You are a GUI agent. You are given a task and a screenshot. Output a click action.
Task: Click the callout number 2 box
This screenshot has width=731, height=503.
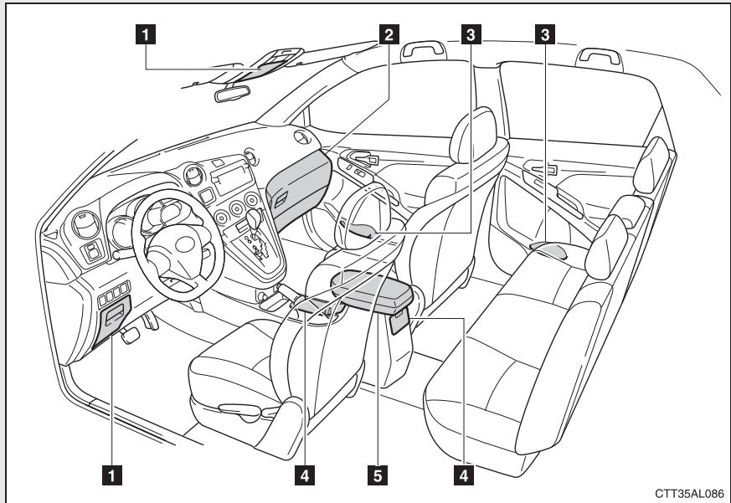pos(386,34)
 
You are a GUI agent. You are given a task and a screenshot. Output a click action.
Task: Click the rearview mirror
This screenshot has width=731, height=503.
pos(232,94)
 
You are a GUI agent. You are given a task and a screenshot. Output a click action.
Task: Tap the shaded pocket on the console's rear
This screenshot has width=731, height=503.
pos(399,318)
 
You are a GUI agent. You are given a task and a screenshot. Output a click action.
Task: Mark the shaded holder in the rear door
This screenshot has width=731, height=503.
pos(548,248)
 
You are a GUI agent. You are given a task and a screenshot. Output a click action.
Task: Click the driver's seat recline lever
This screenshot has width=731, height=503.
pos(239,408)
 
